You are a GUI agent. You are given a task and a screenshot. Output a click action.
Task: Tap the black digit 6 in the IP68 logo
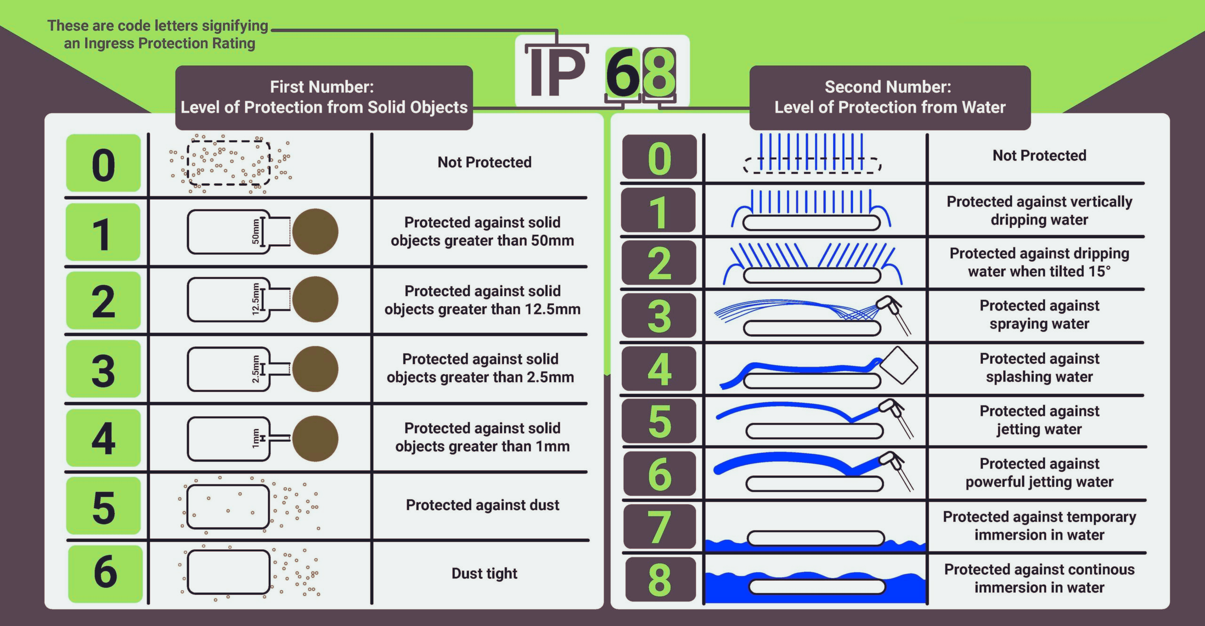tap(622, 73)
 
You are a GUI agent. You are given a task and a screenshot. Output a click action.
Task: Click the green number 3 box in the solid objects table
tap(104, 369)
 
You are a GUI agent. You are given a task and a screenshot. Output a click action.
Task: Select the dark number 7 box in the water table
tap(659, 526)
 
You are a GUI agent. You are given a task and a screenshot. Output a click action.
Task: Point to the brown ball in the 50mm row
tap(315, 232)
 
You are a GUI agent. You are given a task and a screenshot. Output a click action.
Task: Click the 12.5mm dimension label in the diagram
tap(256, 299)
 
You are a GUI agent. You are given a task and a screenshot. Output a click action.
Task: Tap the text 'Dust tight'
tap(484, 573)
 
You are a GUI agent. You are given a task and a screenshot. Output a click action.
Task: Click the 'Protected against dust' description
tap(482, 505)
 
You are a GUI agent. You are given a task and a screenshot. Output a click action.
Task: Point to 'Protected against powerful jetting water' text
tap(1039, 473)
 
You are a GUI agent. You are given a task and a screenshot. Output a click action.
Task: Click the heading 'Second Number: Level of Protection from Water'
tap(890, 97)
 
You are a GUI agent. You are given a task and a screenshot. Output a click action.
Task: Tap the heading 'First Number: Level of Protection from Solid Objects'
tap(324, 97)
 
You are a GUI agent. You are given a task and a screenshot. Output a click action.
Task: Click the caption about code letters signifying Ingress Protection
tap(158, 34)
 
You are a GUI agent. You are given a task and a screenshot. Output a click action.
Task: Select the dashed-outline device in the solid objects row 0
tap(229, 163)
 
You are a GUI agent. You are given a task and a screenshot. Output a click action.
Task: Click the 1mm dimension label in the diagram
tap(256, 438)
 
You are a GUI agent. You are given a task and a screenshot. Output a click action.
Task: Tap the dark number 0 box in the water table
tap(659, 157)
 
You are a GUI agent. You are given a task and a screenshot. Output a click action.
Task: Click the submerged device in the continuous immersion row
tap(817, 587)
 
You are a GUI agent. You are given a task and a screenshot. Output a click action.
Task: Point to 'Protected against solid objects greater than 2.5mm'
tap(481, 368)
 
